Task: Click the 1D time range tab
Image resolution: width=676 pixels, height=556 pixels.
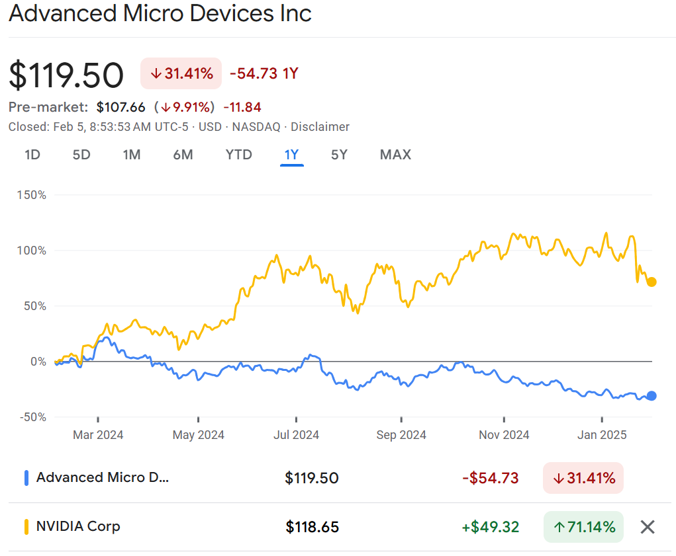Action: click(32, 155)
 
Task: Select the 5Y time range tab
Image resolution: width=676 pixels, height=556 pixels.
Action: click(339, 155)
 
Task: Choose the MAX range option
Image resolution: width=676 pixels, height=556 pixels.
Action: click(395, 155)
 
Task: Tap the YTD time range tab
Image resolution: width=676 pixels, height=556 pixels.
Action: click(238, 155)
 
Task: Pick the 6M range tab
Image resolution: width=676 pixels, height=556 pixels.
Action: click(183, 155)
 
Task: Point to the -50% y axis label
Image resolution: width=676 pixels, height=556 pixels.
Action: click(32, 417)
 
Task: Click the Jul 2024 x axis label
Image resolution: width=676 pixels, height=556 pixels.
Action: click(296, 434)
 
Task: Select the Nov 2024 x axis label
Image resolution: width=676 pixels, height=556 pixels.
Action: click(504, 434)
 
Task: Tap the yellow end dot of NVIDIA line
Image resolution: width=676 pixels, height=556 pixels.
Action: click(652, 282)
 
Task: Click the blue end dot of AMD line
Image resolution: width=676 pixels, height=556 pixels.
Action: click(652, 396)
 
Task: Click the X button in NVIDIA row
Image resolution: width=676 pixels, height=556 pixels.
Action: click(648, 527)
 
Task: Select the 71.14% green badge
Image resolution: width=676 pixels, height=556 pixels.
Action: click(583, 527)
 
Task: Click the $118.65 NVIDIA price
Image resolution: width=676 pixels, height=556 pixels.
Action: click(313, 527)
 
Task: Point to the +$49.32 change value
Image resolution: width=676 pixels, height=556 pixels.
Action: click(491, 527)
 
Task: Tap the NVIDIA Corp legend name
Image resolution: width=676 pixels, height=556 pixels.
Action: click(78, 526)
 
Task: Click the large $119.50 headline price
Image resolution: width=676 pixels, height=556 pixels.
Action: click(66, 75)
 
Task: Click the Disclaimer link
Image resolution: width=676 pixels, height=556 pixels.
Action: click(320, 127)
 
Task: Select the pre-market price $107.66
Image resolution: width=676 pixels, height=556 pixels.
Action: click(121, 107)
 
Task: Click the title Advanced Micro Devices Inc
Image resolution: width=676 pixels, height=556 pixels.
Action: click(160, 14)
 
